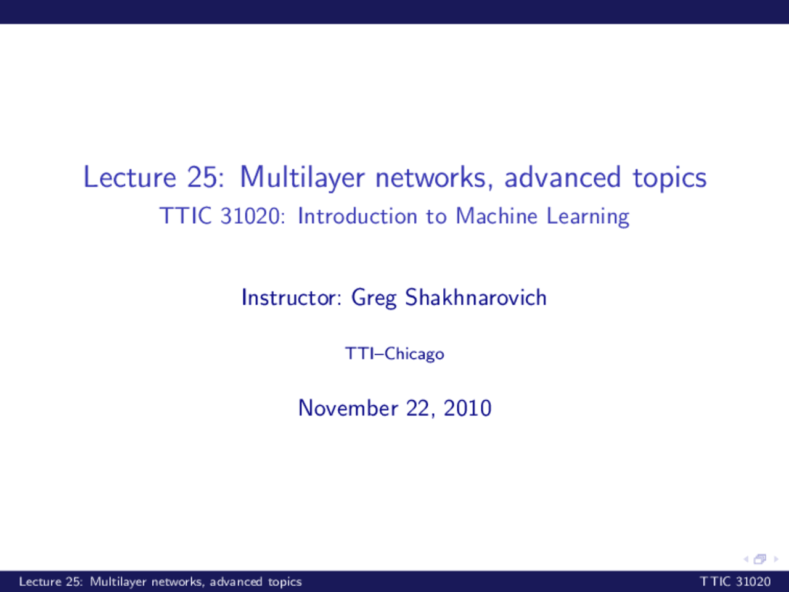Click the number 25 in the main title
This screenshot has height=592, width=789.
coord(202,178)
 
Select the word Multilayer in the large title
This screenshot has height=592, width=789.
coord(302,178)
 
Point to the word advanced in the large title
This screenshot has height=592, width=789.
coord(562,178)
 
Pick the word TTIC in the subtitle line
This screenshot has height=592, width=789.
coord(186,216)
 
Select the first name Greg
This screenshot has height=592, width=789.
coord(374,298)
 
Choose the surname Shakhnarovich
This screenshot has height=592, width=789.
coord(476,298)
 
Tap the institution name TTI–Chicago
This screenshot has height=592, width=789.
coord(394,354)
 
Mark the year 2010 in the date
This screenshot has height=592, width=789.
coord(467,408)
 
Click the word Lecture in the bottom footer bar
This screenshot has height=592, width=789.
coord(40,582)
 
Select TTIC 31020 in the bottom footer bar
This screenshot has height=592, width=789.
coord(735,582)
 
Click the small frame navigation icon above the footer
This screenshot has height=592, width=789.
coord(760,559)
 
